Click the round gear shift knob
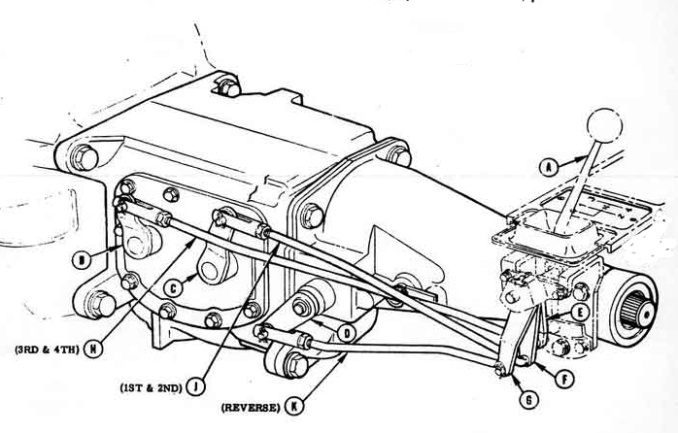pyautogui.click(x=604, y=125)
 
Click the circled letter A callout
pyautogui.click(x=549, y=167)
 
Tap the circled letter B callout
pyautogui.click(x=82, y=260)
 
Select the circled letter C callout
pyautogui.click(x=174, y=287)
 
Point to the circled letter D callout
pyautogui.click(x=347, y=333)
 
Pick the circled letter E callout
pyautogui.click(x=581, y=312)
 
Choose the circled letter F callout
pyautogui.click(x=564, y=380)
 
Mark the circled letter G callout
pyautogui.click(x=528, y=400)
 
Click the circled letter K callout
pyautogui.click(x=294, y=406)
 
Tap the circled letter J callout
pyautogui.click(x=195, y=386)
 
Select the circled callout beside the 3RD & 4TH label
pyautogui.click(x=92, y=349)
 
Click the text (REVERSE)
pyautogui.click(x=250, y=407)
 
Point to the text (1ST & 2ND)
pyautogui.click(x=151, y=387)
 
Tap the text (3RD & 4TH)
pyautogui.click(x=48, y=350)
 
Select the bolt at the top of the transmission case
pyautogui.click(x=228, y=87)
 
